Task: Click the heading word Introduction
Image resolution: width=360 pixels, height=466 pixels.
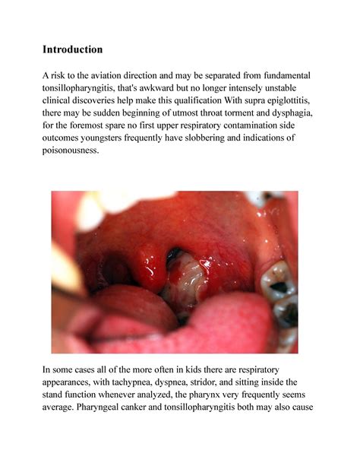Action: point(72,49)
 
